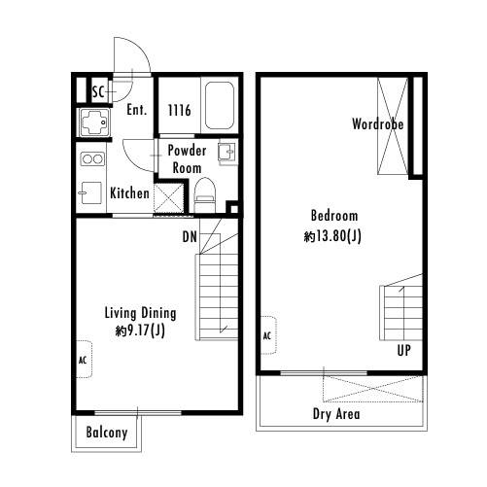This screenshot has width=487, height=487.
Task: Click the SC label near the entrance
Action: (x=98, y=92)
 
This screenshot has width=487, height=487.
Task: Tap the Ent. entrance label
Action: (x=137, y=110)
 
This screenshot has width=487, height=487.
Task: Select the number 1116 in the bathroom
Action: (x=180, y=111)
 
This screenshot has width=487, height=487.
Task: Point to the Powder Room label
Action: (x=187, y=159)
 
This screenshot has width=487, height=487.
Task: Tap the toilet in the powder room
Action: (x=204, y=191)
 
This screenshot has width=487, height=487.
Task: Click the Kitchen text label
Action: (x=129, y=193)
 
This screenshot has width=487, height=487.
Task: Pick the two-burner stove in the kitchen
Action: (x=90, y=158)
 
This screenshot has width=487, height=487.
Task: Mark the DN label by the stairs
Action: (x=190, y=235)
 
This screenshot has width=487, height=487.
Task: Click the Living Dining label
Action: (x=140, y=313)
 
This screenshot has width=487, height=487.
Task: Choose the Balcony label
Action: (x=107, y=433)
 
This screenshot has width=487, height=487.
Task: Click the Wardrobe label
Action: (x=378, y=124)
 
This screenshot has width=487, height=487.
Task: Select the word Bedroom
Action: (x=334, y=216)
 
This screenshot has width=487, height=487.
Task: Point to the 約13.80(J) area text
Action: (x=334, y=235)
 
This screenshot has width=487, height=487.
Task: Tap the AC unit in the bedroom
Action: (x=266, y=336)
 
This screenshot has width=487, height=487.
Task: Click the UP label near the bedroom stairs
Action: (x=402, y=350)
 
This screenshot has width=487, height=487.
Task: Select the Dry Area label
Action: (x=337, y=414)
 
